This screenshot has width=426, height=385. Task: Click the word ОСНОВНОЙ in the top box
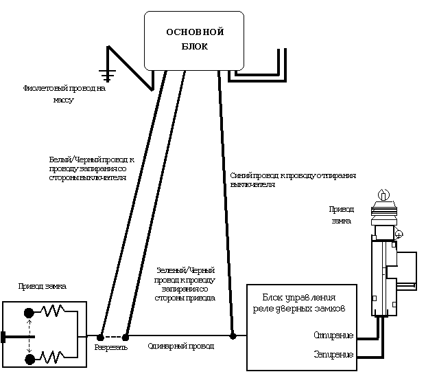click(x=196, y=32)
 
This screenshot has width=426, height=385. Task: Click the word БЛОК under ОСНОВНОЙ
click(x=196, y=47)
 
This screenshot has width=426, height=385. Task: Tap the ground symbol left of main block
click(x=106, y=70)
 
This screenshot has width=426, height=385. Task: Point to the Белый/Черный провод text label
click(x=91, y=168)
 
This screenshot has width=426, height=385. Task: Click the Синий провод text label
click(x=293, y=180)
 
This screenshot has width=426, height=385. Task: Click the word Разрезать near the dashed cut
click(x=110, y=347)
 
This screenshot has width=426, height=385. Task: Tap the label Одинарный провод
click(x=181, y=346)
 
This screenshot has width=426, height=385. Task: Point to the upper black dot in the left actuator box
click(x=29, y=313)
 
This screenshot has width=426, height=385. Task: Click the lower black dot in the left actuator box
click(x=29, y=358)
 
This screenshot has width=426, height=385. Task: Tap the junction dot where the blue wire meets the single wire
click(x=233, y=336)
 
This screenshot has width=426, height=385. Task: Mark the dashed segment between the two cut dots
click(x=113, y=337)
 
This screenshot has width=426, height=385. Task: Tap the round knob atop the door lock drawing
click(x=383, y=195)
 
